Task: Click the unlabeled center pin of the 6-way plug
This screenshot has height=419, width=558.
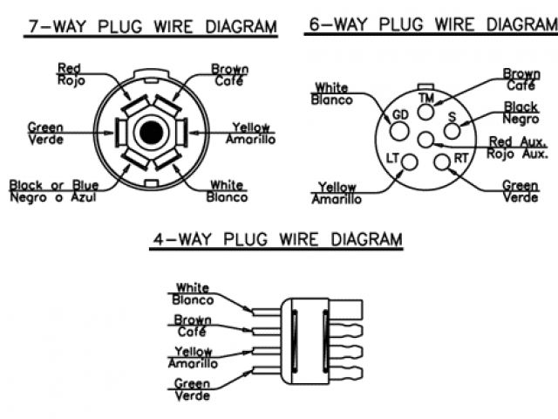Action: [x=425, y=141]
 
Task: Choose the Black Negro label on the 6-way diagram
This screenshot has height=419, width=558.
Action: [x=521, y=113]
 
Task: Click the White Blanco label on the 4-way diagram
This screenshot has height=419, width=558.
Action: [x=192, y=292]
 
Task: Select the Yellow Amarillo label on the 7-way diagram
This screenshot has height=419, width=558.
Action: [x=250, y=133]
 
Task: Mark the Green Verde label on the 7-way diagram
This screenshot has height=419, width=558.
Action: [x=44, y=132]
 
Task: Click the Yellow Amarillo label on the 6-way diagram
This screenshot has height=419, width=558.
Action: [x=337, y=193]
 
